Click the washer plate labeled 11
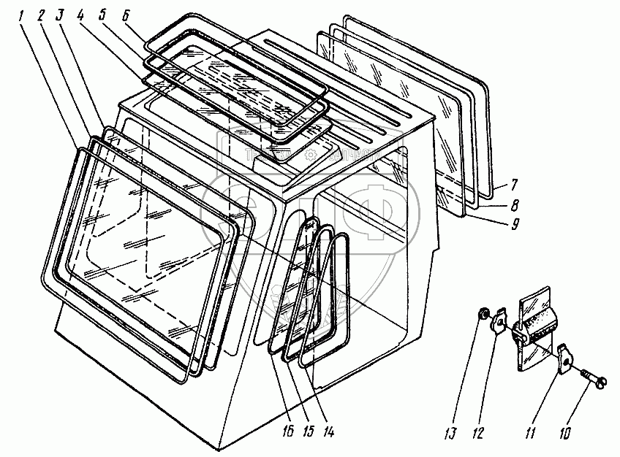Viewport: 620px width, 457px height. point(564,360)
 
